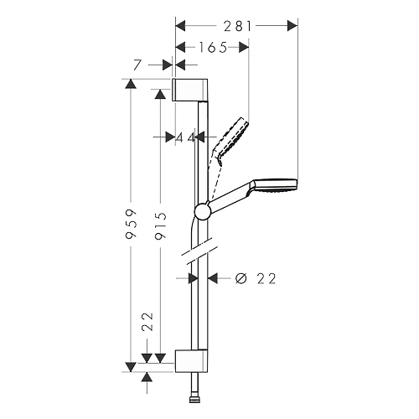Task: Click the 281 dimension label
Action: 238,26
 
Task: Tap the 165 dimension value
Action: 212,48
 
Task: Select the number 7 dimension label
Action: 137,65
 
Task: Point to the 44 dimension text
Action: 185,137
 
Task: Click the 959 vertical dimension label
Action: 132,223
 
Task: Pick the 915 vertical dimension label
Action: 161,225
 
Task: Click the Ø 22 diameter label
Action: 256,278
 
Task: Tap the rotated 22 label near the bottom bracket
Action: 147,322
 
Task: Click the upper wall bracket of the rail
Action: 189,91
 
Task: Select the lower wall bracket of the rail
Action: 191,360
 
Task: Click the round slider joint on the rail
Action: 203,210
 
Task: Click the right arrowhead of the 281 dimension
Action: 292,26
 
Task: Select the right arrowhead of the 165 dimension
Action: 244,48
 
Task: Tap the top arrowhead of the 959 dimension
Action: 131,84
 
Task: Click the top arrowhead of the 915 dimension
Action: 160,95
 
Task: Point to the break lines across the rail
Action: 199,251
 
